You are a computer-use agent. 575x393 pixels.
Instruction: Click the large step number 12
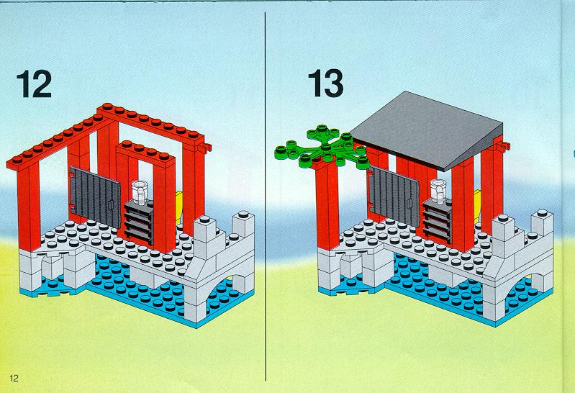point(34,84)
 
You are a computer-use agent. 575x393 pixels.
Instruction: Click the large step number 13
point(325,83)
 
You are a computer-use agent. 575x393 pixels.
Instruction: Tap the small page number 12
point(14,379)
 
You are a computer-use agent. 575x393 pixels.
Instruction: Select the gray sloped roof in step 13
point(426,130)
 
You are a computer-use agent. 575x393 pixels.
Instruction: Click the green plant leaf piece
point(322,147)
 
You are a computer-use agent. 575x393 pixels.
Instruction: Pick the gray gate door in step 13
point(394,196)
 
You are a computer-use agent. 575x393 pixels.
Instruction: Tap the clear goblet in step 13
point(438,190)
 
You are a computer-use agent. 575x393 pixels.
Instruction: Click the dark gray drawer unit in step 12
point(139,221)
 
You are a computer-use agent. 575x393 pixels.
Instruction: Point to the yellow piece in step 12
point(178,207)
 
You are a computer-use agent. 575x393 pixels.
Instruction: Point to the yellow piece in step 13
point(477,205)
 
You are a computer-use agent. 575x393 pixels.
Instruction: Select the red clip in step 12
point(206,148)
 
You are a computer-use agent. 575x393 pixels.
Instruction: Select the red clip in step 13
point(504,146)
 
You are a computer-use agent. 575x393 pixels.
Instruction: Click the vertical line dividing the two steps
point(265,196)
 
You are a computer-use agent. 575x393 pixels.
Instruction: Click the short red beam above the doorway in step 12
point(145,151)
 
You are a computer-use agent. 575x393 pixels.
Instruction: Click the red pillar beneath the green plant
point(327,205)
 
